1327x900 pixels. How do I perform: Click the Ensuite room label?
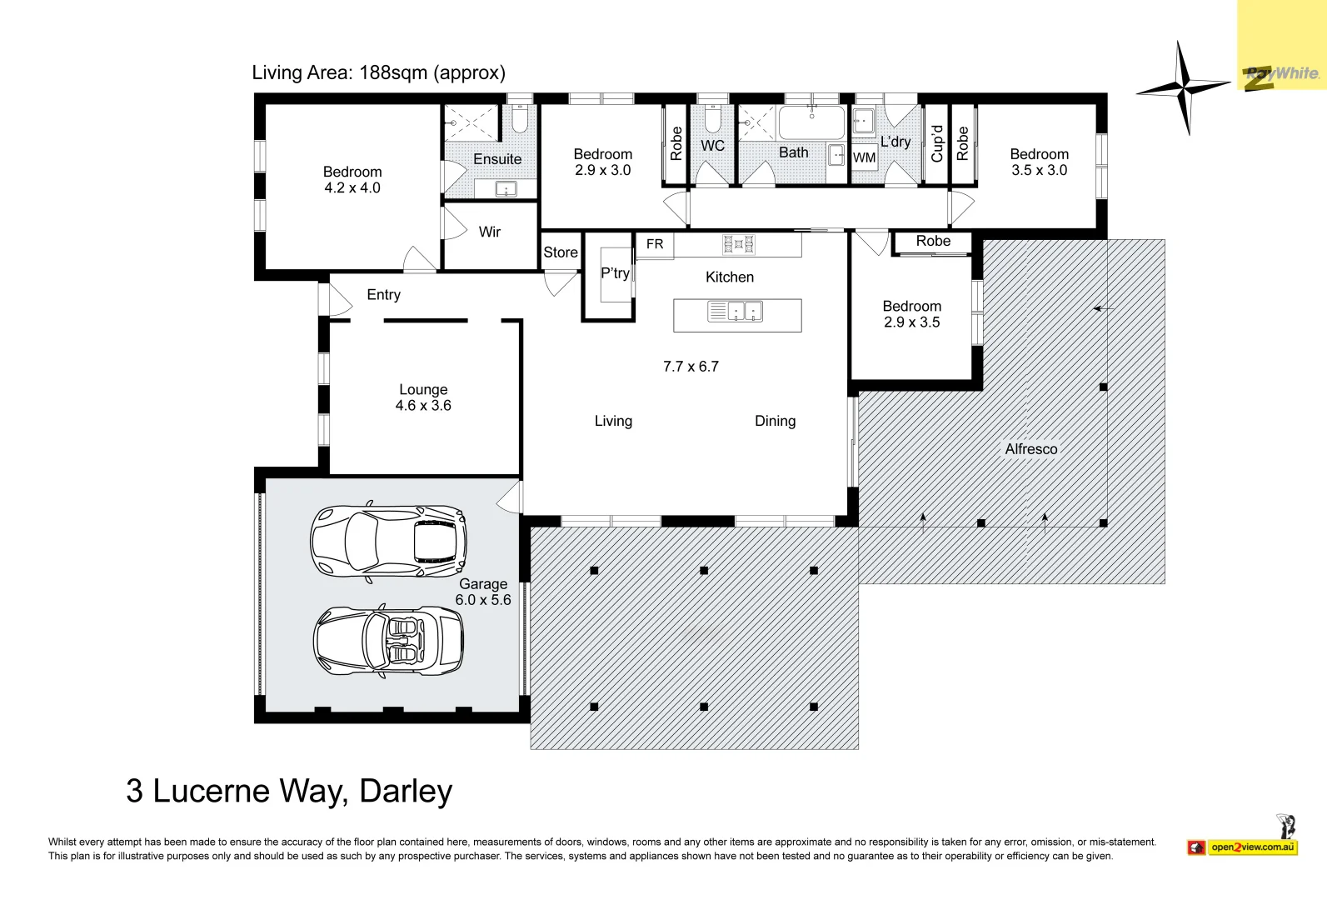tap(497, 159)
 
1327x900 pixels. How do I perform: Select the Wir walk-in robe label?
tap(489, 232)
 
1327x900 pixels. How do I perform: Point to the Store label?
tap(561, 252)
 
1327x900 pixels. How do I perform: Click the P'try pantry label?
tap(615, 273)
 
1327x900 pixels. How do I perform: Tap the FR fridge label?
tap(655, 244)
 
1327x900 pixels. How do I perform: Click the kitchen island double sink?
tap(736, 312)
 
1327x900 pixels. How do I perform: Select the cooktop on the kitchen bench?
tap(738, 244)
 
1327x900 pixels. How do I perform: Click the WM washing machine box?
tap(865, 157)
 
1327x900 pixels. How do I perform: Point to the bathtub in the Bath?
tap(811, 122)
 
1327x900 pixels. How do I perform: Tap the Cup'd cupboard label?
tap(936, 143)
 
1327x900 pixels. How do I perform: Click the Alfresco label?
tap(1030, 449)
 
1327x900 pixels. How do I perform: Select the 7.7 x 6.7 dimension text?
tap(691, 367)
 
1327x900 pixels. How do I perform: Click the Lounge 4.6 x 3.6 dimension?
tap(423, 406)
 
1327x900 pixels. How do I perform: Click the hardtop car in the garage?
tap(389, 541)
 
